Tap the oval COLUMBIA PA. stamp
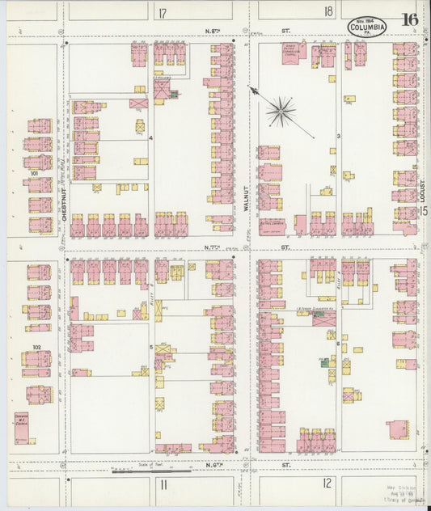(x=368, y=27)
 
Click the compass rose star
(x=281, y=111)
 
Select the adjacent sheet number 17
(x=163, y=13)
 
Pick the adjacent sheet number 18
(x=328, y=11)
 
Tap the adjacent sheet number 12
(x=326, y=484)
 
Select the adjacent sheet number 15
(x=424, y=211)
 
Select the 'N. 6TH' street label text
(x=218, y=467)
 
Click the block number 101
(x=35, y=172)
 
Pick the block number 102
(x=35, y=347)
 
